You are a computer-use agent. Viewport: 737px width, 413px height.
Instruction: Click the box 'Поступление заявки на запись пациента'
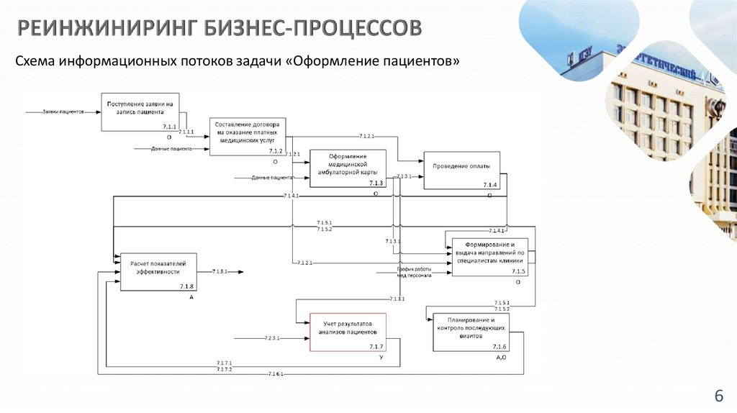(140, 112)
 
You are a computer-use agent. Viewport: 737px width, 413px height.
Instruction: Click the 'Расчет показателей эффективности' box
(157, 271)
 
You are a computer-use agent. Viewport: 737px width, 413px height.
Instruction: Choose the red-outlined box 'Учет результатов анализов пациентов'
(348, 331)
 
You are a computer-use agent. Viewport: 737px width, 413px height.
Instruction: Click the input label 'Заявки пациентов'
(63, 112)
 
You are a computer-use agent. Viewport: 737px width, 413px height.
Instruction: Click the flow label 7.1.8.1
(220, 271)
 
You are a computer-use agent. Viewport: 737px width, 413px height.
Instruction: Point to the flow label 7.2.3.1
(272, 337)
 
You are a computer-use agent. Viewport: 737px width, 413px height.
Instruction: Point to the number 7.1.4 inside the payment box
(489, 186)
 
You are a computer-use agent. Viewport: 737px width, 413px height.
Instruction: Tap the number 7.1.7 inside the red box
(376, 348)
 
